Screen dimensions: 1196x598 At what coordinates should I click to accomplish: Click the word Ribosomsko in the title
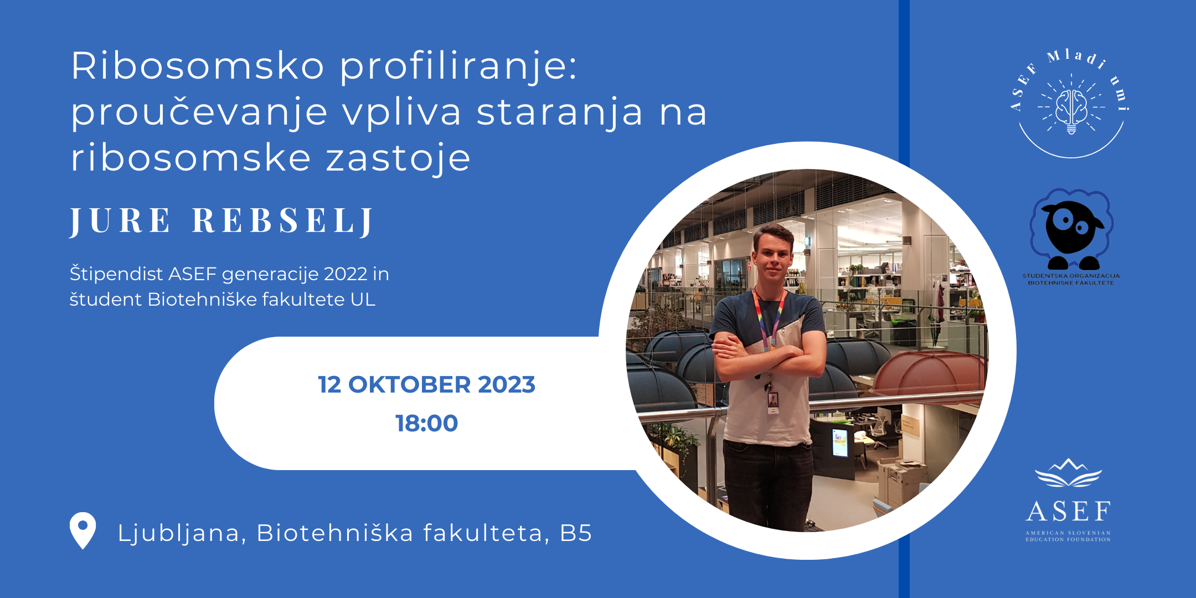(x=198, y=66)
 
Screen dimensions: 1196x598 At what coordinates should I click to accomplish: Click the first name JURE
(x=120, y=221)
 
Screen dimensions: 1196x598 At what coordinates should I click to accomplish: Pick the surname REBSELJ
(x=283, y=221)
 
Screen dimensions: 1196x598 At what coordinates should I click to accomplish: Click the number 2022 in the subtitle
(x=346, y=274)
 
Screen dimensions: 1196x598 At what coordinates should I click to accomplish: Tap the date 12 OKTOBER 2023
(x=426, y=385)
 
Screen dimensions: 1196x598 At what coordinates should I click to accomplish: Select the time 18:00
(x=426, y=424)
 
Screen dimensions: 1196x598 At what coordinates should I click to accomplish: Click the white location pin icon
(x=83, y=530)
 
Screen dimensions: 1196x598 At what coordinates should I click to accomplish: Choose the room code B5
(x=576, y=533)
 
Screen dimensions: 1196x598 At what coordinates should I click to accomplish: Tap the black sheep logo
(x=1071, y=229)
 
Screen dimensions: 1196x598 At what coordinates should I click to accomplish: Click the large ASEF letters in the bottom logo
(x=1068, y=512)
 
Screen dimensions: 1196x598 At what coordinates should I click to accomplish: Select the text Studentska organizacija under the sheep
(x=1071, y=276)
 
